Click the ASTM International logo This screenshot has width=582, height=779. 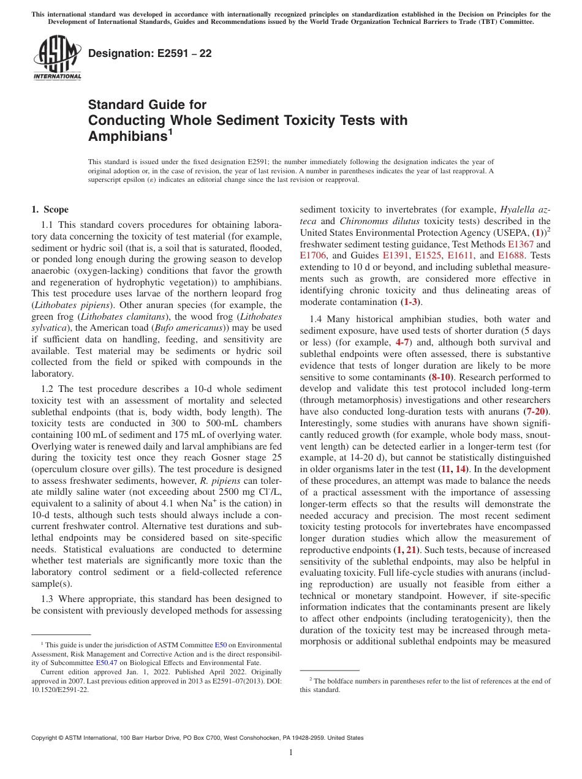57,59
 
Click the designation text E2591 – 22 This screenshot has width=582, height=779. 150,54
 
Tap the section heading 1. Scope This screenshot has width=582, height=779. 50,209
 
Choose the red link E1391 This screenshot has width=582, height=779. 396,255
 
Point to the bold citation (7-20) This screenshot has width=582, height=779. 537,412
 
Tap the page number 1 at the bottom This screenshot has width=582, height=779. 291,753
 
